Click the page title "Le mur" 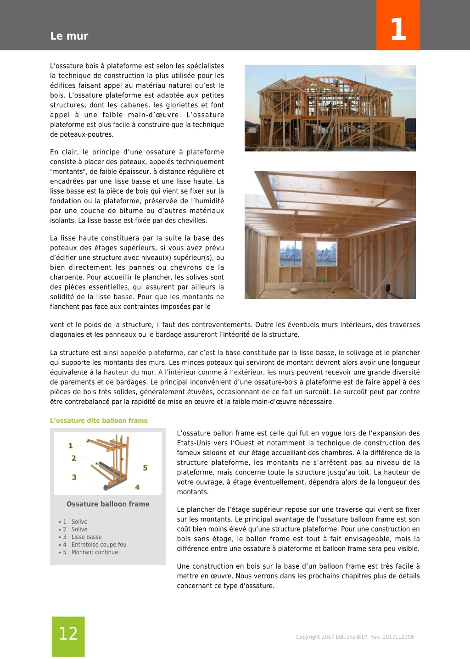[x=69, y=36]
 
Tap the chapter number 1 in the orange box [x=398, y=29]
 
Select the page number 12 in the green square [x=68, y=634]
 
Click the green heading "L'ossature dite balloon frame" [x=99, y=420]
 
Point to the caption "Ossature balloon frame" [x=108, y=504]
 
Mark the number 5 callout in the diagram [x=145, y=468]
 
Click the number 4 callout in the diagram [x=137, y=487]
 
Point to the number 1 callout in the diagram [x=71, y=445]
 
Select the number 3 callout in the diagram [x=74, y=477]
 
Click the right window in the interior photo [x=326, y=252]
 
